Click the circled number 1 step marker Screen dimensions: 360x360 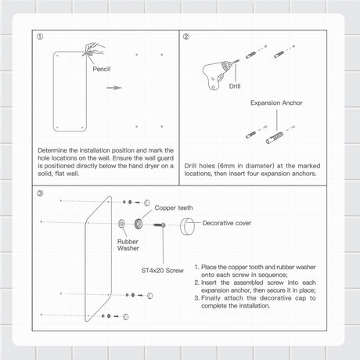(x=40, y=37)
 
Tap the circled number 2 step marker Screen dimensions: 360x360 (x=186, y=37)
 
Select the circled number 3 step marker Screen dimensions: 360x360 (x=40, y=192)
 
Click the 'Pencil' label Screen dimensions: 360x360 (x=102, y=69)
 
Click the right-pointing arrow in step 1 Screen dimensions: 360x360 (x=114, y=87)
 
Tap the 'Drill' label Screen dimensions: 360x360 (x=236, y=87)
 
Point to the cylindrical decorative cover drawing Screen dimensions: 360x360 (x=189, y=226)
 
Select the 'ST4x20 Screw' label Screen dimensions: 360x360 (x=163, y=270)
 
